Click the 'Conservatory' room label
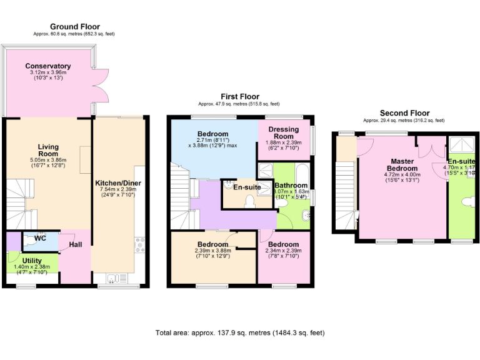[x=47, y=66]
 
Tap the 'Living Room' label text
[x=48, y=151]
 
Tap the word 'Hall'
[x=76, y=244]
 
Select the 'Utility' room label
[x=32, y=260]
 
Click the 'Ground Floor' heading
[x=74, y=27]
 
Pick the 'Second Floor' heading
[x=404, y=113]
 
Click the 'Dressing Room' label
[x=284, y=132]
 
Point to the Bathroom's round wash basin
[x=305, y=214]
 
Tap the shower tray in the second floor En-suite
[x=462, y=144]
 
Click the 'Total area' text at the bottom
[x=240, y=333]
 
